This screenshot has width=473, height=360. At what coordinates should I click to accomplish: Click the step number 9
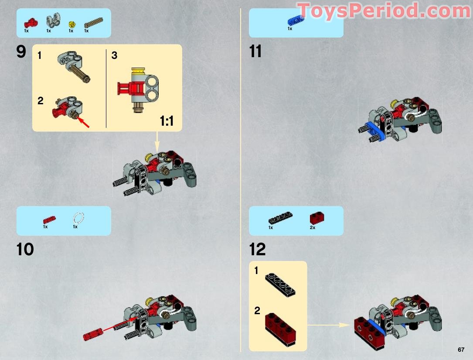click(x=21, y=52)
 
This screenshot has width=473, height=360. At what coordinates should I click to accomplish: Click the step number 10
click(x=25, y=250)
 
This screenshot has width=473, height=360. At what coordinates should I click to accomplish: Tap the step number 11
click(x=255, y=52)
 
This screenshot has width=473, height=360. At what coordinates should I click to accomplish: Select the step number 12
click(x=258, y=250)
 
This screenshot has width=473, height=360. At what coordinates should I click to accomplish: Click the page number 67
click(x=461, y=350)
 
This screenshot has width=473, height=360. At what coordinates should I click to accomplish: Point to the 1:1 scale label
click(x=167, y=121)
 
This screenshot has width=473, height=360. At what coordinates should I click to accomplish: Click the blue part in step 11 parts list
click(x=296, y=21)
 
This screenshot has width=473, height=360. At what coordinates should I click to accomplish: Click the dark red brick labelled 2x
click(x=316, y=218)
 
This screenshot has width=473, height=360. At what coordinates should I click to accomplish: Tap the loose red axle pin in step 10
click(x=92, y=335)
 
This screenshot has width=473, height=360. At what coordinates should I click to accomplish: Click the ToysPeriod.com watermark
click(x=384, y=11)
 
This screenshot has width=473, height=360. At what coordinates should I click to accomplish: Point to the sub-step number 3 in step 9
click(x=114, y=55)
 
